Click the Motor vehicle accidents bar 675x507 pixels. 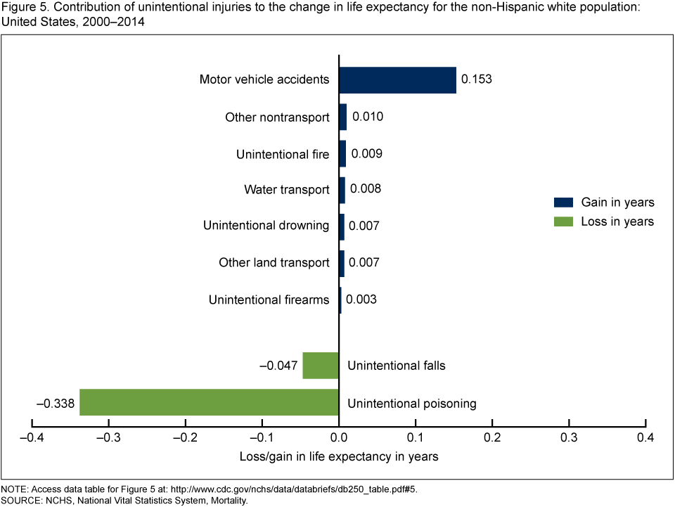[397, 79]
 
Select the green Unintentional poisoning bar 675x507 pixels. [209, 403]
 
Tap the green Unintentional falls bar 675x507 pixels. [321, 366]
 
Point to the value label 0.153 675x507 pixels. [476, 79]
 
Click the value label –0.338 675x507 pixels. [55, 404]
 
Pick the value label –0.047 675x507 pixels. [278, 366]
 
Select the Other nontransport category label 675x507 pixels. [277, 117]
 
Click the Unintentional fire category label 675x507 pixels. [283, 154]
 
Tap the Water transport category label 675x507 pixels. [286, 190]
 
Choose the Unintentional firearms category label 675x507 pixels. [269, 300]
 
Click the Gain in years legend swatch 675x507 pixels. [564, 203]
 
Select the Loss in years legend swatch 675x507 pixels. [564, 222]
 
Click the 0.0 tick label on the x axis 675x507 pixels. [339, 438]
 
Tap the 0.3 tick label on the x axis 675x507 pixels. [569, 438]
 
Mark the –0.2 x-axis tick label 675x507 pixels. [186, 438]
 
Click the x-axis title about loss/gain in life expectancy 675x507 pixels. [339, 457]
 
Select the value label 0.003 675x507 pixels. [362, 300]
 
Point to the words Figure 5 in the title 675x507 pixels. [21, 8]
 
